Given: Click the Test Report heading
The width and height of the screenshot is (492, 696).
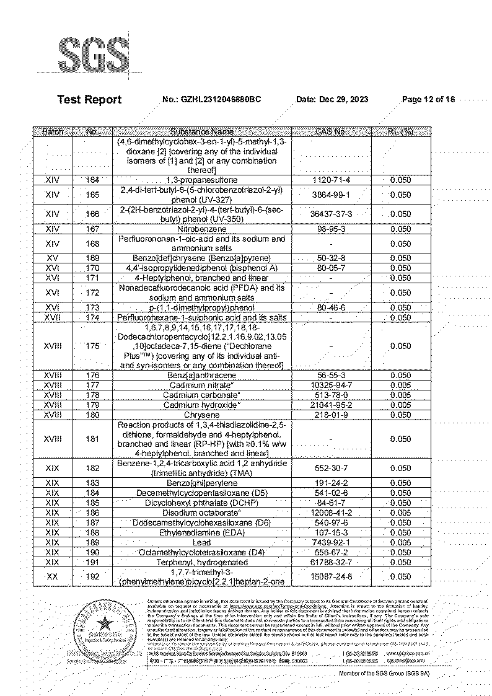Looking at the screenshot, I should coord(89,100).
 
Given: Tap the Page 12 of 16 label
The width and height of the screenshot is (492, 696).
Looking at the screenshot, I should coord(429,100).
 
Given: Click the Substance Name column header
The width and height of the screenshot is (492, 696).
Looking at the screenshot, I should coord(202,131).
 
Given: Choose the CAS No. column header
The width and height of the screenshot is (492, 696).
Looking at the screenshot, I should coord(331,131).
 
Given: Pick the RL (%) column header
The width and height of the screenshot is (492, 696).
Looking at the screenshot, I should coord(400,131).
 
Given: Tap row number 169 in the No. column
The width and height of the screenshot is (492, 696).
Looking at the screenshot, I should coord(92,258).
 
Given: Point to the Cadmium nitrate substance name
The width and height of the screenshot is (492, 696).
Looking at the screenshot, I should coord(202,385).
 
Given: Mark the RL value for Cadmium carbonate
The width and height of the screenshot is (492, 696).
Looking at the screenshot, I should coord(400,395).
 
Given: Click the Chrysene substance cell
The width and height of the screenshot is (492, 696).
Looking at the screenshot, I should coord(202,415).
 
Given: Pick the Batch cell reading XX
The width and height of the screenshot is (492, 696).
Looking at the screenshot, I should coord(53,576).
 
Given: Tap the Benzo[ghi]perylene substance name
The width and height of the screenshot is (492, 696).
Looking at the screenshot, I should coord(202,483).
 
